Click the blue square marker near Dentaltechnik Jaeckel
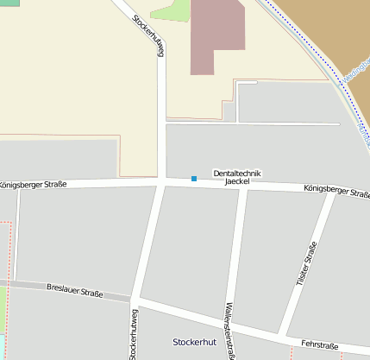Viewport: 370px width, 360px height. pyautogui.click(x=194, y=179)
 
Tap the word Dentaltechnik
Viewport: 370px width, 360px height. pyautogui.click(x=237, y=174)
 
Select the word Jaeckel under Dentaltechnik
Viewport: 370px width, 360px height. pyautogui.click(x=237, y=182)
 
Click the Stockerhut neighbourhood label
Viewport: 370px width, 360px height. pyautogui.click(x=198, y=342)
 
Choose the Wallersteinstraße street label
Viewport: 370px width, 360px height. pyautogui.click(x=229, y=331)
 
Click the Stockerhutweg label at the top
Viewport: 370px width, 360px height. pyautogui.click(x=148, y=35)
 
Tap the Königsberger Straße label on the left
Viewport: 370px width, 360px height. pyautogui.click(x=33, y=184)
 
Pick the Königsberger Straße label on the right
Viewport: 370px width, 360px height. pyautogui.click(x=336, y=191)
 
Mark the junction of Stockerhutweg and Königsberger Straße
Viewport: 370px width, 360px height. pyautogui.click(x=161, y=182)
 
